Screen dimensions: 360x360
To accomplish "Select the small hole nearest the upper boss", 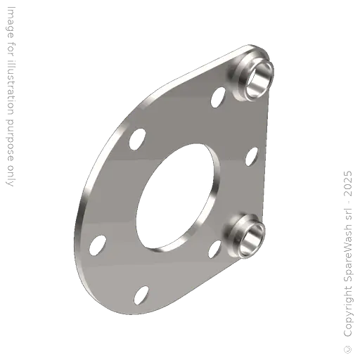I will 219,96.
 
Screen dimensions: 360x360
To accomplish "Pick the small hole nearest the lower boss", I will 216,247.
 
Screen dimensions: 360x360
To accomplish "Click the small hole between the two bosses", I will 250,157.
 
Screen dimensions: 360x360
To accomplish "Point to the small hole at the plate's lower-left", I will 96,247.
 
